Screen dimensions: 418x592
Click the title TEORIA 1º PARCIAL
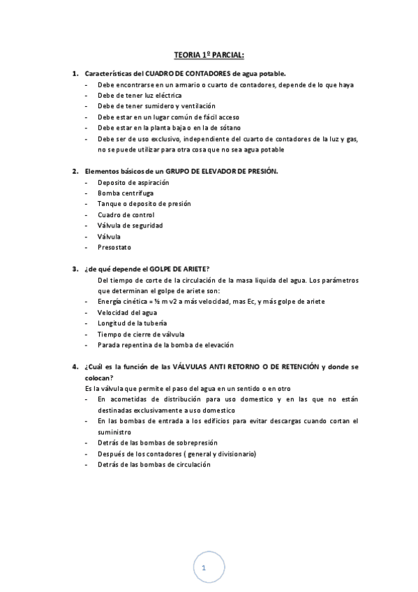pos(209,54)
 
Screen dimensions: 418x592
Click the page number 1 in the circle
pos(203,568)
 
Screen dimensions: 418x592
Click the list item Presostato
pos(115,247)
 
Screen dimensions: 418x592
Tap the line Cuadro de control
pos(126,214)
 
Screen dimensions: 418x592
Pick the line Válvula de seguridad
pos(130,225)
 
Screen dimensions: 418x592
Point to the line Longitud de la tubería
pos(133,323)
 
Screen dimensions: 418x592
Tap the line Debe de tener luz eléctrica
pos(140,95)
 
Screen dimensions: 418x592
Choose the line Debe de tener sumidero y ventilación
pos(153,105)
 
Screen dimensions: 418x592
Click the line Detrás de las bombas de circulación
pos(154,464)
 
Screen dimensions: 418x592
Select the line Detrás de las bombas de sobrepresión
pos(158,443)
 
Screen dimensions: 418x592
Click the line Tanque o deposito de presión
pos(144,203)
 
